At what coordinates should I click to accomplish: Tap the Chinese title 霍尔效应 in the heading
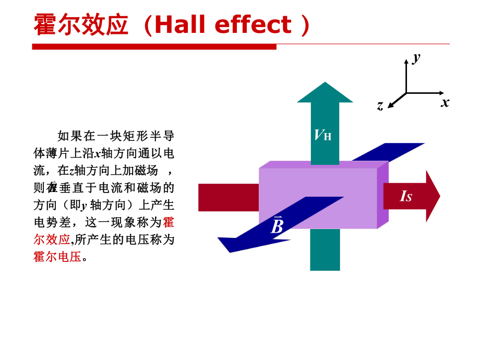[81, 25]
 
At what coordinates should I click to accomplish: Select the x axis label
[445, 102]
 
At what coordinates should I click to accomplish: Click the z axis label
[380, 106]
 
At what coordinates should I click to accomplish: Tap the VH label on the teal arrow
[322, 135]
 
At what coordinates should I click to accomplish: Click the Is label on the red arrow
[406, 196]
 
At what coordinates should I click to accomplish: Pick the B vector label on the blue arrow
[277, 226]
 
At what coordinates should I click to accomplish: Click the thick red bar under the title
[154, 47]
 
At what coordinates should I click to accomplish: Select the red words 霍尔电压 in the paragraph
[57, 257]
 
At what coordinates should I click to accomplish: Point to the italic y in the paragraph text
[83, 205]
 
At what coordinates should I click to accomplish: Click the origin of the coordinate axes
[406, 93]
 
